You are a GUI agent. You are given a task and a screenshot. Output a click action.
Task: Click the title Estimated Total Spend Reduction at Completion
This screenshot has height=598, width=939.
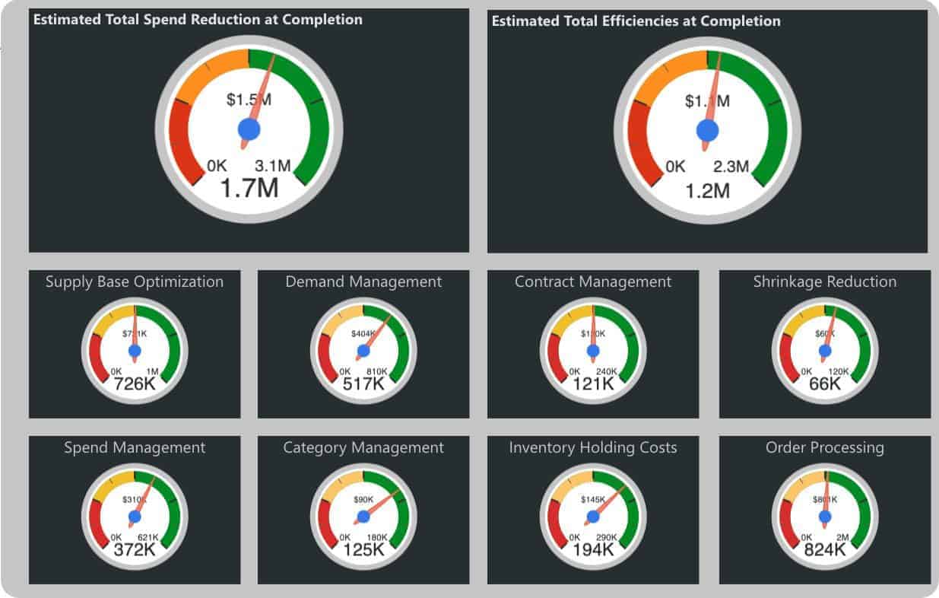click(198, 19)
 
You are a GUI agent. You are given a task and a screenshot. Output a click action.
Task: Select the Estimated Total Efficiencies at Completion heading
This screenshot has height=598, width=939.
click(636, 21)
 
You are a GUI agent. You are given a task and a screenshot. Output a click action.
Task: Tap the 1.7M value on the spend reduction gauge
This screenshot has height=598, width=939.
click(249, 187)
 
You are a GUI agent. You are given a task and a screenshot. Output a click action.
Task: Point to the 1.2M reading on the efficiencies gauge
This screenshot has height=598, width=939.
click(707, 190)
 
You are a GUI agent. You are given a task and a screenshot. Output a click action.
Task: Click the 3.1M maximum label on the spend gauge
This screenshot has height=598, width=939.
click(272, 166)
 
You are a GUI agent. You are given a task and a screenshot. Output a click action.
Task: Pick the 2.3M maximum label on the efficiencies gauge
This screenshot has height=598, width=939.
click(731, 167)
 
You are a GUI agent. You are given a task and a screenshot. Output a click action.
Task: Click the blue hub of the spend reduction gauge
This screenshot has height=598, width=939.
click(249, 129)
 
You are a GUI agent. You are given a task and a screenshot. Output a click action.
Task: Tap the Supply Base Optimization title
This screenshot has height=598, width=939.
click(135, 282)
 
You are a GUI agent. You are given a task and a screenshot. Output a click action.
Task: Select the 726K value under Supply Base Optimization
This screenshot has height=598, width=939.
click(135, 384)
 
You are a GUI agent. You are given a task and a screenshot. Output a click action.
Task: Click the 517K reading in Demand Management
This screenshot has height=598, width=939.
click(363, 384)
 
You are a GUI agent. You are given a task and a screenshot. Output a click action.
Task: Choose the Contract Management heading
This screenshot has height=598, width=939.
click(593, 282)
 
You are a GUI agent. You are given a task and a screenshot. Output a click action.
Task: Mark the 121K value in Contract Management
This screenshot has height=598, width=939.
click(593, 384)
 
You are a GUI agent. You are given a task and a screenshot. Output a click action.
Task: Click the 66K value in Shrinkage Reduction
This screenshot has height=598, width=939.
click(825, 384)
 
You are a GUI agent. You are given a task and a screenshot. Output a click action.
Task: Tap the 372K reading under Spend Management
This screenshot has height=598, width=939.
click(135, 549)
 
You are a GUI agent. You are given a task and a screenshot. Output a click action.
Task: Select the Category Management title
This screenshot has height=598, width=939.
click(363, 447)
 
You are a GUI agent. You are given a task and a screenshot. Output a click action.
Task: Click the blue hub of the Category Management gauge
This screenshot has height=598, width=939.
click(363, 516)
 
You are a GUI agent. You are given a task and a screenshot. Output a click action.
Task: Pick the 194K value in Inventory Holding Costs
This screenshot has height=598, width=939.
click(593, 549)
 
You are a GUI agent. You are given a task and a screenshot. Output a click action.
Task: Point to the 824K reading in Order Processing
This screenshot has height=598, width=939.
click(825, 549)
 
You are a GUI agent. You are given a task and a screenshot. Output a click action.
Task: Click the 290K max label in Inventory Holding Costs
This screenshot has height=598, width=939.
click(607, 537)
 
